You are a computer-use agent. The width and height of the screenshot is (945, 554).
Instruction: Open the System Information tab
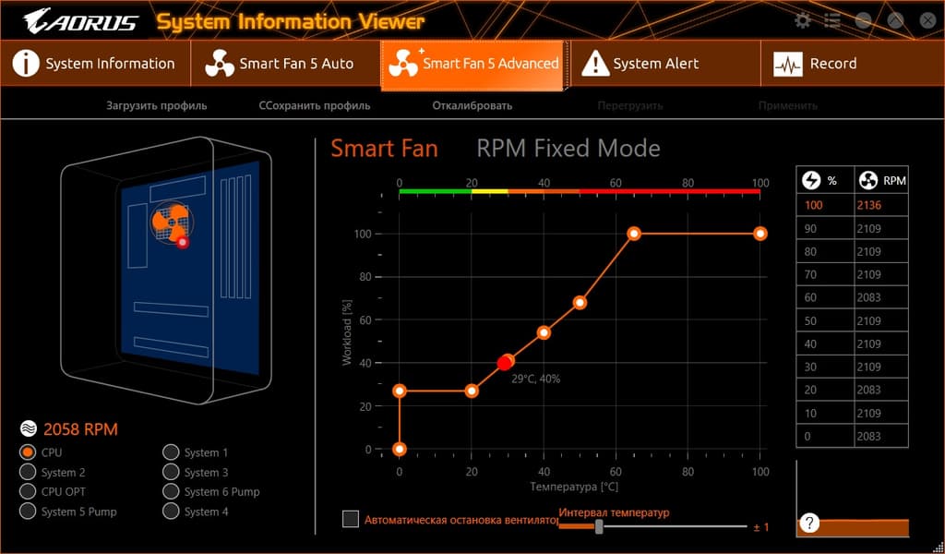pyautogui.click(x=96, y=64)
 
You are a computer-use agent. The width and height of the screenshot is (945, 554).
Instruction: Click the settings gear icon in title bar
pyautogui.click(x=803, y=20)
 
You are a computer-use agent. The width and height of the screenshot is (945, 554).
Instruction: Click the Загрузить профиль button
pyautogui.click(x=157, y=105)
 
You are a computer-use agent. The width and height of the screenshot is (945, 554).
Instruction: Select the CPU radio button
pyautogui.click(x=28, y=452)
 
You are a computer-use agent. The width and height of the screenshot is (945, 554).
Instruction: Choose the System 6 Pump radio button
pyautogui.click(x=171, y=492)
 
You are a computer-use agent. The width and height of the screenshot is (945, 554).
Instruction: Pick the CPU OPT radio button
pyautogui.click(x=28, y=492)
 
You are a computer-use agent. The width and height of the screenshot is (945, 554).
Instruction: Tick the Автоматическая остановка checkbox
pyautogui.click(x=351, y=519)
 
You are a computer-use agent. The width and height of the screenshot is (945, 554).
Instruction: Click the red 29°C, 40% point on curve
pyautogui.click(x=505, y=363)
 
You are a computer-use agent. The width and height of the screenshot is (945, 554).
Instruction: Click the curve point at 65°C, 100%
pyautogui.click(x=634, y=234)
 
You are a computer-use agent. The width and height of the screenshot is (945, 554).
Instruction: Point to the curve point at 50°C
pyautogui.click(x=580, y=302)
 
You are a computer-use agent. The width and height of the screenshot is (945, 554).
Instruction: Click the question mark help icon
pyautogui.click(x=809, y=524)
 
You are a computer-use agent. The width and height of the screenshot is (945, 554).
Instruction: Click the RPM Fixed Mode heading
pyautogui.click(x=568, y=148)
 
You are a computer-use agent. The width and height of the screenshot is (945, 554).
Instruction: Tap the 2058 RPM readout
pyautogui.click(x=80, y=429)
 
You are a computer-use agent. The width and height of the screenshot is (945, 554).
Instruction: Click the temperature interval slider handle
pyautogui.click(x=599, y=526)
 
